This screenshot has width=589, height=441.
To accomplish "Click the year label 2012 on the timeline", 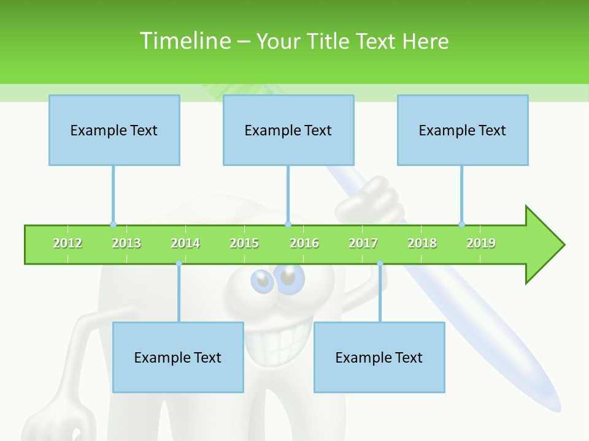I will click(x=67, y=244).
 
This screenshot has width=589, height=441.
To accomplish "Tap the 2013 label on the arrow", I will click(x=126, y=244).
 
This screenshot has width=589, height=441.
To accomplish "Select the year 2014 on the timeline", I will click(x=185, y=244).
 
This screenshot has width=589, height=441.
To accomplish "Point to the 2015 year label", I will click(x=244, y=244).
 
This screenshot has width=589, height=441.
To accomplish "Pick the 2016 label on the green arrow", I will click(x=304, y=244).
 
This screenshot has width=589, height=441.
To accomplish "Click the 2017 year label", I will click(x=363, y=244).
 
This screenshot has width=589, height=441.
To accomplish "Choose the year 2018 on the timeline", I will click(x=422, y=244).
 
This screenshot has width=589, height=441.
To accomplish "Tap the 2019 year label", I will click(x=481, y=244).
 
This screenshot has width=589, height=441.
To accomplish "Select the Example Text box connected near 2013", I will click(x=114, y=130).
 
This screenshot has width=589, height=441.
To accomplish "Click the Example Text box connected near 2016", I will click(x=288, y=130).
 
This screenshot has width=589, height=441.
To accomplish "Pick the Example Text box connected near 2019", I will click(x=463, y=130).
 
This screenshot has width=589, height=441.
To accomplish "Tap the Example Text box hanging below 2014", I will click(x=178, y=357).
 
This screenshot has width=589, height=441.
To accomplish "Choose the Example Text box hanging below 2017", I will click(x=379, y=357).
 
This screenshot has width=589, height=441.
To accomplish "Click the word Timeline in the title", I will click(x=184, y=41).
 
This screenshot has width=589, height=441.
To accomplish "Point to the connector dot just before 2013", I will click(x=113, y=224).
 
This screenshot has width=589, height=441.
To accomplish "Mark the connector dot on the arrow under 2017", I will click(x=380, y=263).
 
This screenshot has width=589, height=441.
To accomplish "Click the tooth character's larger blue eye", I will click(x=290, y=279).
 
